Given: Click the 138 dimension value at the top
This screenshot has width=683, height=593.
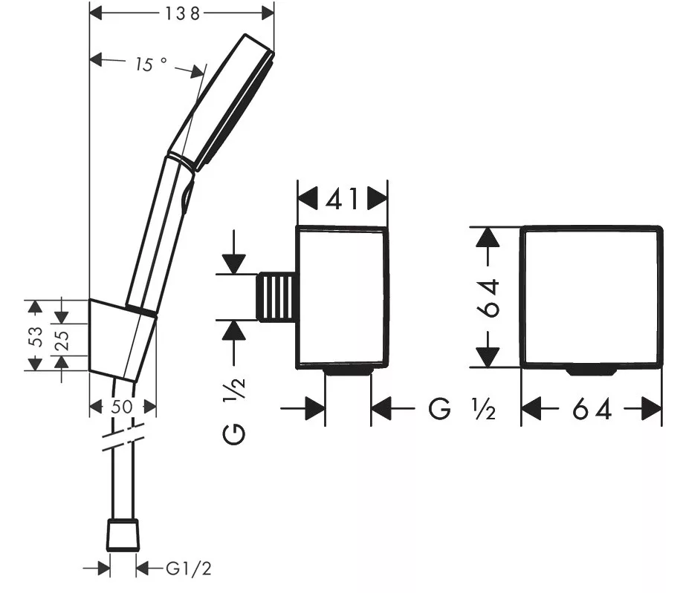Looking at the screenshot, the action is (182, 13).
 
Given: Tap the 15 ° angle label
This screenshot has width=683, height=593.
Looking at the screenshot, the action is (150, 65).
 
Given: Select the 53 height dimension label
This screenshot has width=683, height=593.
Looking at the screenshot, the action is (37, 336).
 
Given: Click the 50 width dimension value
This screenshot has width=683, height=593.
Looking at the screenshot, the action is (122, 407).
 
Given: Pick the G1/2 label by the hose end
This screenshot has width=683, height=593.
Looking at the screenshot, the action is (188, 569).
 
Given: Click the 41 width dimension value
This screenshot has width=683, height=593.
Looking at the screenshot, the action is (343, 200).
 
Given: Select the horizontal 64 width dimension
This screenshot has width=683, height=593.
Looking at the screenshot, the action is (592, 410).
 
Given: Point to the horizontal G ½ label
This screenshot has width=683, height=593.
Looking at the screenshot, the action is (462, 409).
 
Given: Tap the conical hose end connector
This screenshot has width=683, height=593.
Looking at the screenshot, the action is (123, 534).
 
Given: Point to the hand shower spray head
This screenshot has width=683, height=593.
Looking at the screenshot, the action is (222, 102).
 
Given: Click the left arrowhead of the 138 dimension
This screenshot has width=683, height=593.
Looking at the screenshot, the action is (95, 13).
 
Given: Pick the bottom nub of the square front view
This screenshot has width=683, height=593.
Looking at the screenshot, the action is (591, 371).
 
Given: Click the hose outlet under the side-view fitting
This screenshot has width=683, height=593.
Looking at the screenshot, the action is (348, 370).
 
